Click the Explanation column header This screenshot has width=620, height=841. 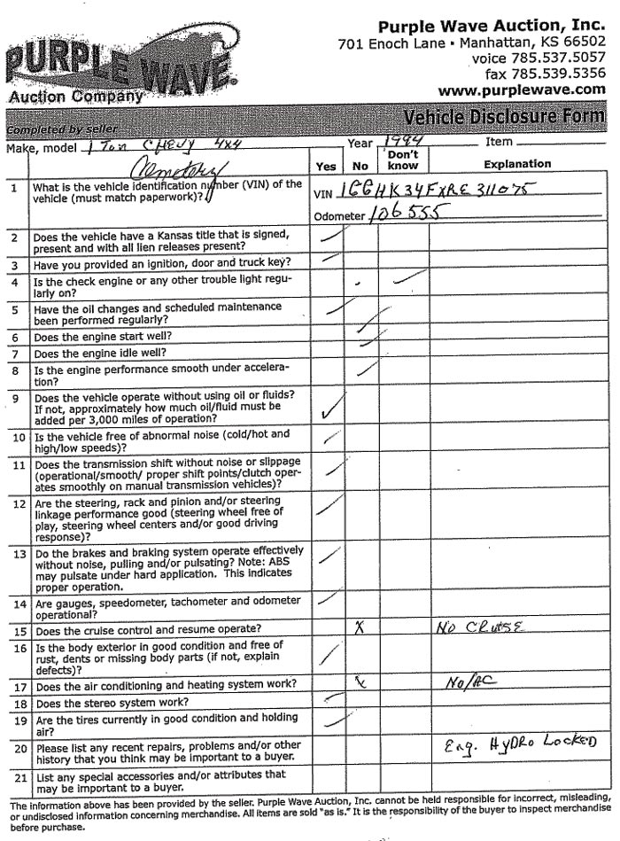[517, 164]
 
